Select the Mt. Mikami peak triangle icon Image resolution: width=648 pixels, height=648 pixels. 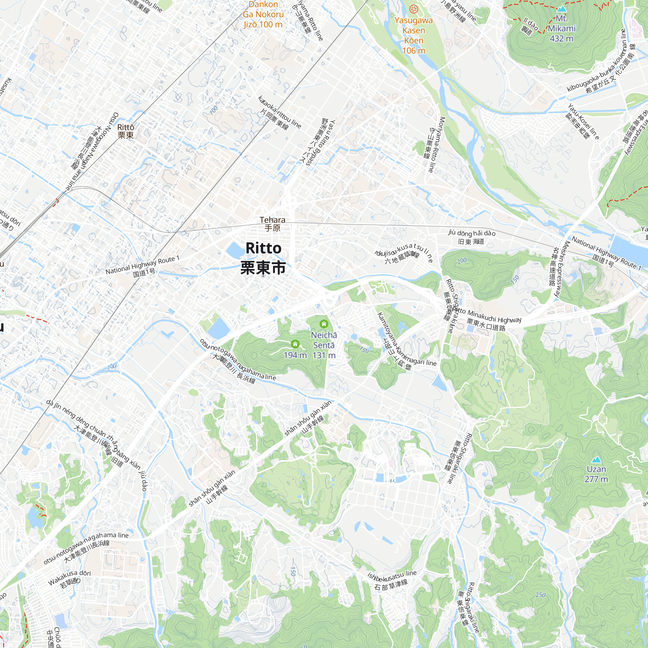pyautogui.click(x=561, y=9)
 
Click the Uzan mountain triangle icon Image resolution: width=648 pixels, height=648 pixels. pyautogui.click(x=596, y=459)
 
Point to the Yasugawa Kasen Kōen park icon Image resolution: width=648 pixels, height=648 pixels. pyautogui.click(x=414, y=9)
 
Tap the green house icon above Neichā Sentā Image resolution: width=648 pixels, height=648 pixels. pyautogui.click(x=324, y=324)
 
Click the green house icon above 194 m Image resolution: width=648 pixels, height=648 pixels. pyautogui.click(x=295, y=344)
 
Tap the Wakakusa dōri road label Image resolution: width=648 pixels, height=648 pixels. pyautogui.click(x=69, y=577)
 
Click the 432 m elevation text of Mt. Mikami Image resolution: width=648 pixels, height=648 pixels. pyautogui.click(x=561, y=39)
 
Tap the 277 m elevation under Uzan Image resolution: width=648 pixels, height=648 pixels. pyautogui.click(x=596, y=479)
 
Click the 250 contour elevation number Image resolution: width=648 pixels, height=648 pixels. pyautogui.click(x=540, y=595)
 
